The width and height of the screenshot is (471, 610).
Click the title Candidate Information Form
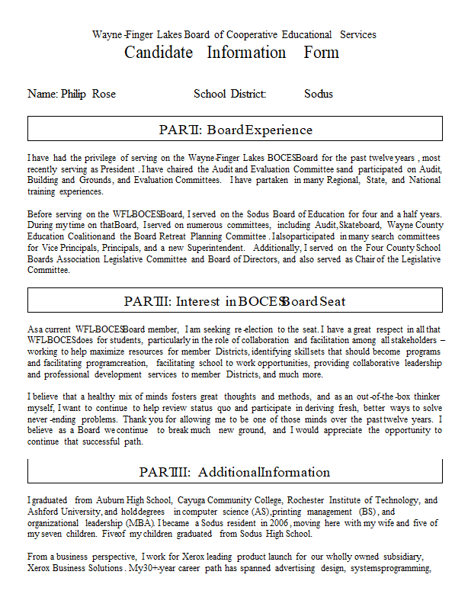232,53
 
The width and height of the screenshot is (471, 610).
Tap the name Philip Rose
88,94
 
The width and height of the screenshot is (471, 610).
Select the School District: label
229,94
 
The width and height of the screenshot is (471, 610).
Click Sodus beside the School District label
319,94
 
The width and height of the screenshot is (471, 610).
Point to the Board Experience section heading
235,130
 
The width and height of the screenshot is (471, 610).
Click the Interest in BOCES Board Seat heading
235,301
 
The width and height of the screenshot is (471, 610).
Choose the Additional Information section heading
235,472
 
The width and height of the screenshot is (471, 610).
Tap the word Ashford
45,512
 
